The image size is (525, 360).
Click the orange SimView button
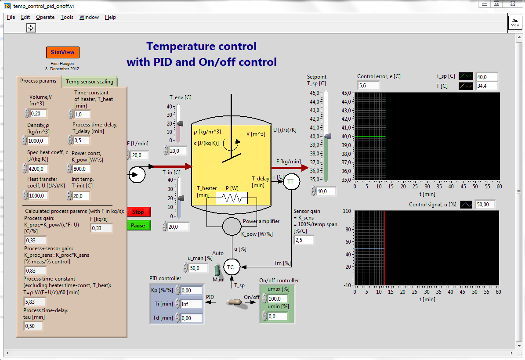coord(62,52)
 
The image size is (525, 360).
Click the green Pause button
coord(138,225)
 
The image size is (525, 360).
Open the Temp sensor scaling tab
coord(90,81)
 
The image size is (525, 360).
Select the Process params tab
coord(38,81)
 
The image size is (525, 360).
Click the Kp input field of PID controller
coord(192,290)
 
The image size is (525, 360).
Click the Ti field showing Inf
coord(192,304)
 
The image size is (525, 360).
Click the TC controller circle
coord(231,266)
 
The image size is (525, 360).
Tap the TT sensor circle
coord(290,181)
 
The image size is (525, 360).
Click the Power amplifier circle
coord(232,227)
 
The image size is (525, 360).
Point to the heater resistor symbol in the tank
coord(232,198)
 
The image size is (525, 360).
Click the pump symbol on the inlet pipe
coord(137,175)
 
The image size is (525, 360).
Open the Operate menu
coord(45,17)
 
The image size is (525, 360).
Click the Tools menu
coord(67,17)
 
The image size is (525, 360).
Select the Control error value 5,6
coord(368,86)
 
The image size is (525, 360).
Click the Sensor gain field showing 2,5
coord(304,240)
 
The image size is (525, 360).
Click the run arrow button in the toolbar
coord(31,28)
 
